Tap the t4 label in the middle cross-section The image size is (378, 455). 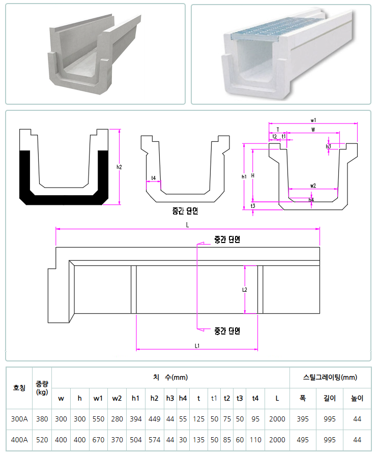(x=153, y=178)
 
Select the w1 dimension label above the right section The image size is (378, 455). (x=313, y=120)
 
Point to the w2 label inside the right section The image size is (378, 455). (x=313, y=186)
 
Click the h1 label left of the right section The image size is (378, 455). (x=244, y=177)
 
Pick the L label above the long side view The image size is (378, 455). (x=187, y=224)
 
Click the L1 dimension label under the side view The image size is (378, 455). (x=197, y=346)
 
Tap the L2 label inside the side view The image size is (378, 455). (x=244, y=290)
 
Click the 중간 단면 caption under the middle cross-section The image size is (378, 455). (x=185, y=210)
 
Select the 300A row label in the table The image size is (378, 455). (x=19, y=419)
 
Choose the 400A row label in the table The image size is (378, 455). (x=19, y=440)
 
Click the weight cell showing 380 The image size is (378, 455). (x=42, y=419)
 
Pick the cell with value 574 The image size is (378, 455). (x=154, y=440)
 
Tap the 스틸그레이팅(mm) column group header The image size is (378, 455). (x=330, y=377)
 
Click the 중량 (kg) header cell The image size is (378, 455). (x=42, y=388)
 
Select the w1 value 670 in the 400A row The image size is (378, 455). (x=98, y=440)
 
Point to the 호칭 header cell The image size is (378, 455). (x=19, y=388)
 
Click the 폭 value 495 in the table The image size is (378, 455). (x=302, y=440)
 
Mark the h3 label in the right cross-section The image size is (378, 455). (x=328, y=146)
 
